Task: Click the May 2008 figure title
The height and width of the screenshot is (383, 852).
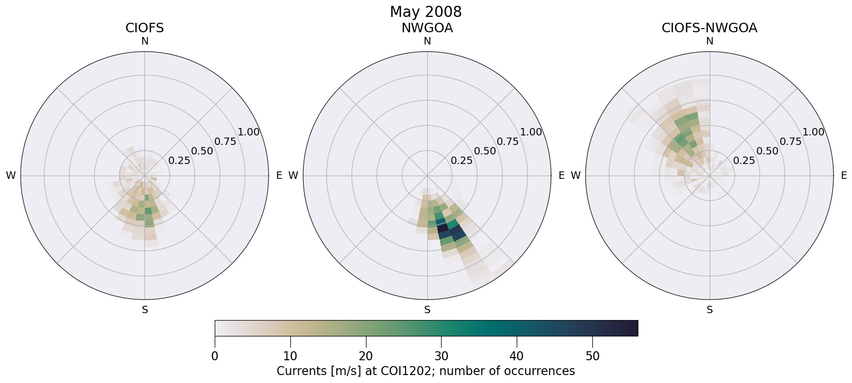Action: click(x=426, y=12)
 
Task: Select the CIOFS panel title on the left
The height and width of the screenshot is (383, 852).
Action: click(x=144, y=28)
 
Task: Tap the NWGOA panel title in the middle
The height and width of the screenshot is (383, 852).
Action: click(x=427, y=28)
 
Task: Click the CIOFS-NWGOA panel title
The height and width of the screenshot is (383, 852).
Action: click(x=709, y=28)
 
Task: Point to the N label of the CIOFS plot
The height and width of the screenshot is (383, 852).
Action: click(x=144, y=41)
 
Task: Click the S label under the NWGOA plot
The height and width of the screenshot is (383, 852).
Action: click(x=427, y=310)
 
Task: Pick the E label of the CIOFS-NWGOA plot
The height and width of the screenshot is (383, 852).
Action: click(x=844, y=176)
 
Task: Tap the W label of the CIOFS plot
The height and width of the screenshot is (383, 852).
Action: click(x=11, y=176)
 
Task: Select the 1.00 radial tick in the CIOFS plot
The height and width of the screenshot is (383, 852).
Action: click(x=249, y=132)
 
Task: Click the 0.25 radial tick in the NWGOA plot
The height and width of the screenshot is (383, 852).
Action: click(x=462, y=160)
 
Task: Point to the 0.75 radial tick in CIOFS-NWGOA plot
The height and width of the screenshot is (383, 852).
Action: click(x=790, y=141)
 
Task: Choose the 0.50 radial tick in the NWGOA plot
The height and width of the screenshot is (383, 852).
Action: click(x=485, y=151)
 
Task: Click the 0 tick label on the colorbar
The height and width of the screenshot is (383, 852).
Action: click(x=215, y=356)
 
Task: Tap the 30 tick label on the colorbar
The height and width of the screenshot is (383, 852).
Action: click(x=441, y=356)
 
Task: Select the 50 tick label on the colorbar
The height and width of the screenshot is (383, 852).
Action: click(x=592, y=356)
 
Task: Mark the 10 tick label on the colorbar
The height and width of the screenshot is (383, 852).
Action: click(x=290, y=356)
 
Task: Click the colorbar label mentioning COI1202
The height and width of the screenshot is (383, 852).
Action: click(x=426, y=371)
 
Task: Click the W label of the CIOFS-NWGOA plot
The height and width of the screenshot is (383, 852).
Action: click(x=575, y=176)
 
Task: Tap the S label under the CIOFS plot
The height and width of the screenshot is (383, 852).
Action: click(x=144, y=310)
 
